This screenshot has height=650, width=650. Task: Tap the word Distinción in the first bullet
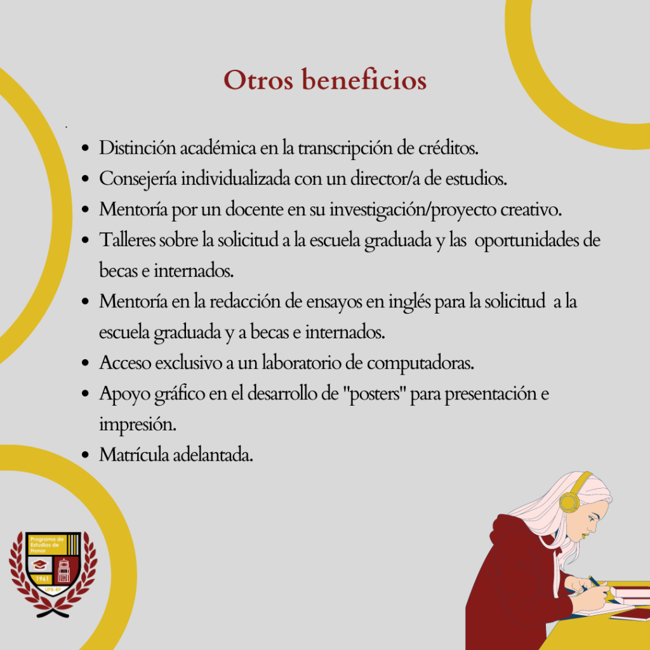click(x=137, y=147)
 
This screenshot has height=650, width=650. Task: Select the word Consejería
click(x=138, y=180)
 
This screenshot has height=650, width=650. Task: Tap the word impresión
click(x=138, y=425)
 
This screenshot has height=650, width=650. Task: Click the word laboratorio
click(x=302, y=362)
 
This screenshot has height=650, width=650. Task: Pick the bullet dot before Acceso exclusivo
click(x=86, y=363)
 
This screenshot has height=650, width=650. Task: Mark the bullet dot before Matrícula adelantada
click(x=86, y=455)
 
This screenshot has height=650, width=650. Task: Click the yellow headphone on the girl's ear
click(x=569, y=501)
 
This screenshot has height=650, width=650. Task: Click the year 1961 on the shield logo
click(x=42, y=579)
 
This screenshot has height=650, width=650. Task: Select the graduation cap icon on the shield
click(x=39, y=564)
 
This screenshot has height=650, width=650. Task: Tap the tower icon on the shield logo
click(x=64, y=570)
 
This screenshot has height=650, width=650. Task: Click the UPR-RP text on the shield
click(x=53, y=590)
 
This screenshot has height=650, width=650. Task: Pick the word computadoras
click(x=420, y=363)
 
